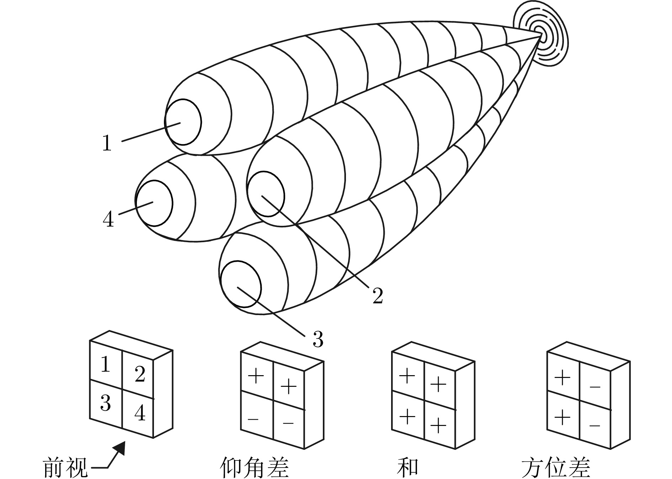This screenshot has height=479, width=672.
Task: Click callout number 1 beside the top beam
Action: [107, 143]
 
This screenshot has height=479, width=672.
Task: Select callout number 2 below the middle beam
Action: [377, 296]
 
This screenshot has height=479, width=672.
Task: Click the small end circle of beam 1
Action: [183, 122]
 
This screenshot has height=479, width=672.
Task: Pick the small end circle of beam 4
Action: [154, 203]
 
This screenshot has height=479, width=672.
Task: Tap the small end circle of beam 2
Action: [266, 194]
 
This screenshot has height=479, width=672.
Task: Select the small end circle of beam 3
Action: [241, 284]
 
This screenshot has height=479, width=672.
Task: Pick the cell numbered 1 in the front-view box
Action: [105, 364]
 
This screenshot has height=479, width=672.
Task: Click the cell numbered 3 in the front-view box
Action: [105, 404]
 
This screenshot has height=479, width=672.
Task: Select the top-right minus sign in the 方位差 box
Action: [595, 386]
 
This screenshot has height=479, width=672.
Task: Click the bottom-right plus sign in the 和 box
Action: [438, 424]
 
